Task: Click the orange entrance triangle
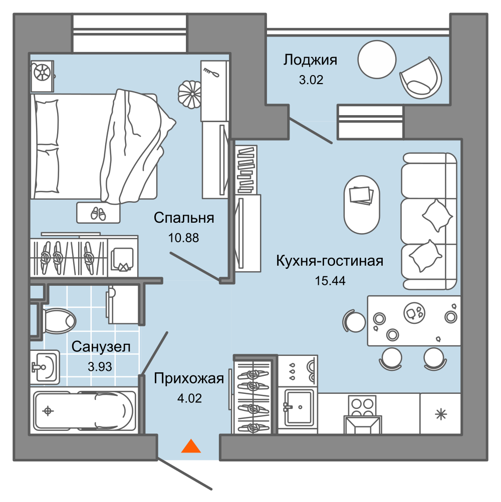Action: click(191, 446)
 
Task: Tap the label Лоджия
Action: click(310, 60)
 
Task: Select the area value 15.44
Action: click(330, 281)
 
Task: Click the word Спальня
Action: click(184, 218)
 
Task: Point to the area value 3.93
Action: click(100, 366)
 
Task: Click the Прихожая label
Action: click(189, 379)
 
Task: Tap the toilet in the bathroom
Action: click(59, 321)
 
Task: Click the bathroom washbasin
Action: click(45, 367)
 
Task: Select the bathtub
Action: click(83, 411)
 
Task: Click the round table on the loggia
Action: click(377, 59)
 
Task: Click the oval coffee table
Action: click(362, 204)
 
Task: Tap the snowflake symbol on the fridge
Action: click(441, 414)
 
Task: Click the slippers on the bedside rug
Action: click(98, 214)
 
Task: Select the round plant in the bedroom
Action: click(189, 94)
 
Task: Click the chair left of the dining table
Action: click(354, 321)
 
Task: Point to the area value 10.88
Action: click(184, 238)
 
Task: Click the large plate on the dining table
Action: click(414, 312)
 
